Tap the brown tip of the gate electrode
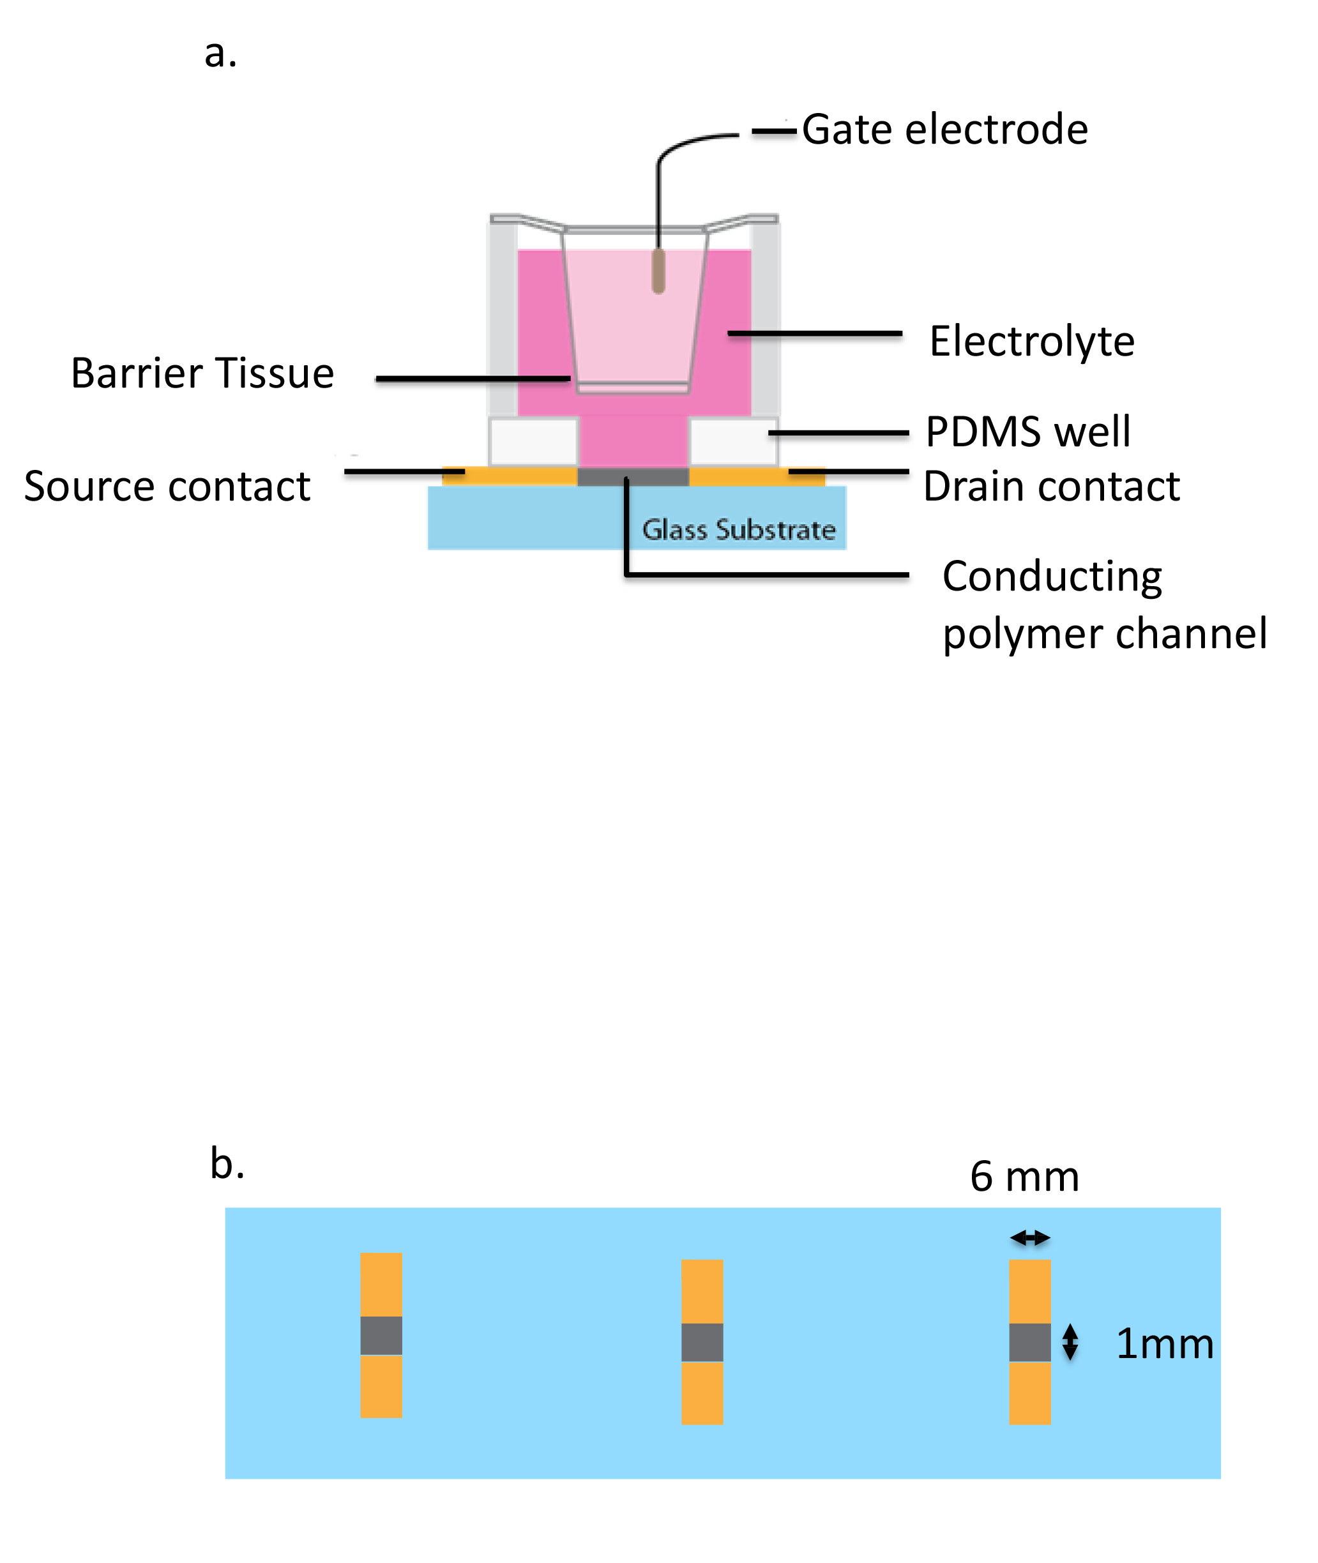tap(658, 271)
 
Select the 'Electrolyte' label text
tap(1032, 342)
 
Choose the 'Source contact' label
tap(167, 487)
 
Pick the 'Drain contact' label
tap(1051, 487)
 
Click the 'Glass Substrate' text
tap(739, 530)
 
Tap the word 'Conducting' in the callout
tap(1052, 576)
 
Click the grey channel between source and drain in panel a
tap(633, 477)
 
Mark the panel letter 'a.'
tap(221, 54)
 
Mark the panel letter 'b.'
tap(227, 1164)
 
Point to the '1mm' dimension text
tap(1164, 1344)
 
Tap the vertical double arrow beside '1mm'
tap(1070, 1342)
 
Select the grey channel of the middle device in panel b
tap(702, 1343)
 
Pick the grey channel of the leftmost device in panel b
tap(381, 1336)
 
